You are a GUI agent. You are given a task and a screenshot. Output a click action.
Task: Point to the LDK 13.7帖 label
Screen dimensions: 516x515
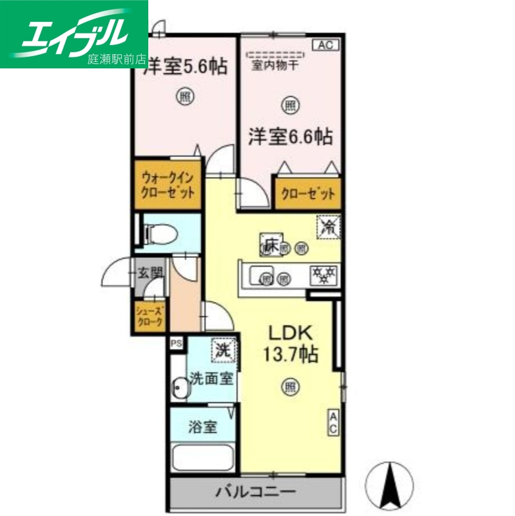(289, 344)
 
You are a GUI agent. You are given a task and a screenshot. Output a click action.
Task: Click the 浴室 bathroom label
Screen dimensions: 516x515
(202, 427)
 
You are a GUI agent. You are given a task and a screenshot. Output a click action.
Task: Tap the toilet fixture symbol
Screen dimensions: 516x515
(153, 232)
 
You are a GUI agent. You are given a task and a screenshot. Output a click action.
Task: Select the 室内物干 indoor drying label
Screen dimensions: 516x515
(276, 64)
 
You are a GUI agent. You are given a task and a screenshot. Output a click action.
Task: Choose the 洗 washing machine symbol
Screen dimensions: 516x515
(222, 352)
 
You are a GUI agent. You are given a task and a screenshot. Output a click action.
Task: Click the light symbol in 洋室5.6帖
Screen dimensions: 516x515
(185, 97)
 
